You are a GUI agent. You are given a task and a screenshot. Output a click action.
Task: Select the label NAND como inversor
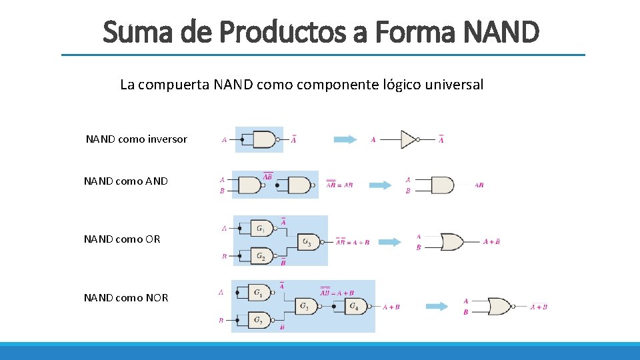(137, 139)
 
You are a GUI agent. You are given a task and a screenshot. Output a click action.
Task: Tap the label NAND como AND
(126, 181)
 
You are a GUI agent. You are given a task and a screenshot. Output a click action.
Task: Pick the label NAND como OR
(122, 239)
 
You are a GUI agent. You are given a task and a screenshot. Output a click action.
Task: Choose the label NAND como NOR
(126, 297)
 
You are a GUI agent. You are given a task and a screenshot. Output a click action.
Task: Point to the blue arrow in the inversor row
(346, 139)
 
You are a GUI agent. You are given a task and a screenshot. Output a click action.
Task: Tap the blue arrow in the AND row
(381, 185)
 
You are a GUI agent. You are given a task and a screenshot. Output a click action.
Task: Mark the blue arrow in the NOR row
(439, 307)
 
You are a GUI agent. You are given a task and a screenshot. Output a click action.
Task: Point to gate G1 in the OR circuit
(261, 228)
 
